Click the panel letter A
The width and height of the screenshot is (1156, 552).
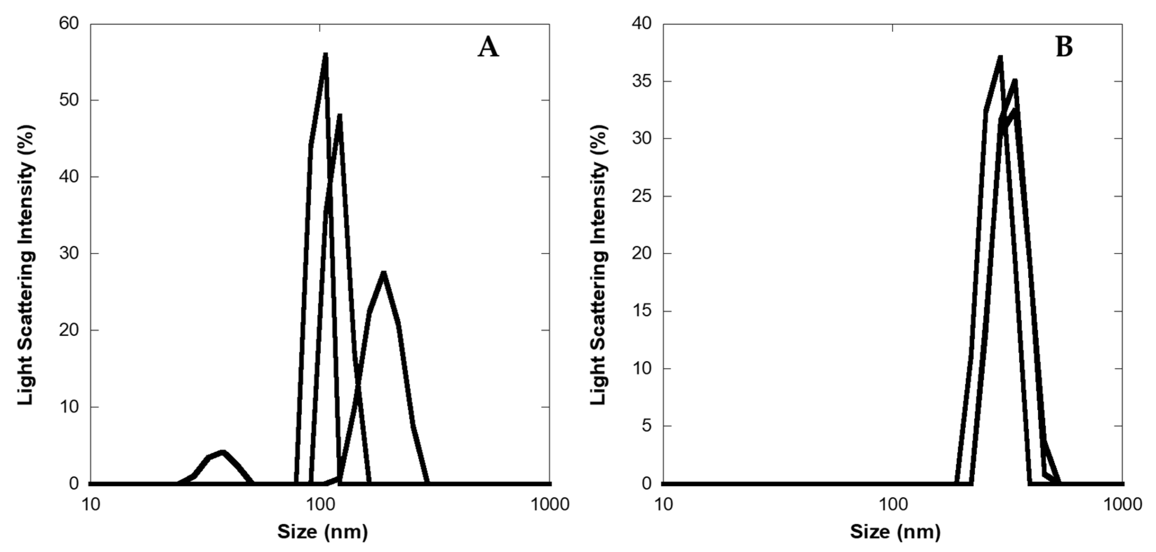[488, 48]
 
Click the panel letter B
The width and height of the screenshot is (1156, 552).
[1064, 48]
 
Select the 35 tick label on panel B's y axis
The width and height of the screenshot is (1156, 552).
[641, 81]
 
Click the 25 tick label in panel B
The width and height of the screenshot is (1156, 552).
[641, 196]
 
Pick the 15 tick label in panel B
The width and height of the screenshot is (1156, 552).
[641, 311]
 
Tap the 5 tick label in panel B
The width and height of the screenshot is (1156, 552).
[646, 425]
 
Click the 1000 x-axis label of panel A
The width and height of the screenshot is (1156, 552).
[550, 504]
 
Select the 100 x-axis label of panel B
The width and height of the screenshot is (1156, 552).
[892, 504]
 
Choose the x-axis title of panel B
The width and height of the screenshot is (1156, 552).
[895, 532]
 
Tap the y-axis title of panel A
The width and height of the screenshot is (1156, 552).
[26, 265]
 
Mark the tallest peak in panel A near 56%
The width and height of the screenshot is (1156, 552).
[325, 56]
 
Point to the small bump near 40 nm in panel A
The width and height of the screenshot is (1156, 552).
[222, 453]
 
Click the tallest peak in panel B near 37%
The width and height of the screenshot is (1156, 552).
[1000, 58]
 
